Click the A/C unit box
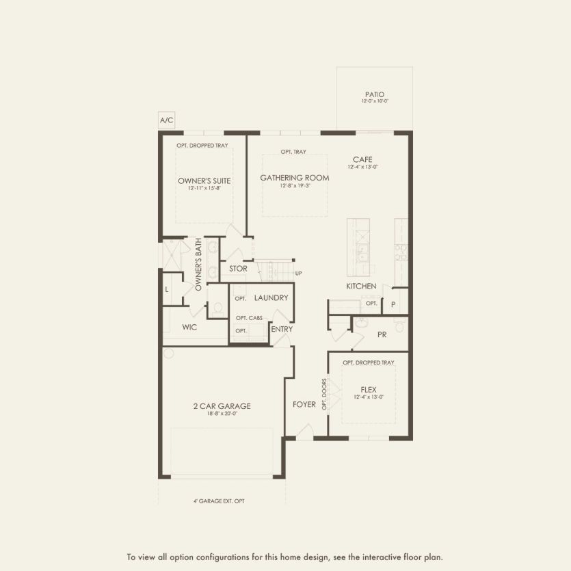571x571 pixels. click(167, 120)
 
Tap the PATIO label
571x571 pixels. click(375, 94)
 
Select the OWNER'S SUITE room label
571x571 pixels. click(204, 181)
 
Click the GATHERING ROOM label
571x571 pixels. click(294, 178)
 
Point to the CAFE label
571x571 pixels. click(362, 159)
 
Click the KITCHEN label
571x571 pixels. click(361, 286)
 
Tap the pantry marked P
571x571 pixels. click(393, 304)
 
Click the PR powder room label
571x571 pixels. click(382, 334)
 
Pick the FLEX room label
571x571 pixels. click(369, 389)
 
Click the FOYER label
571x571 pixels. click(304, 404)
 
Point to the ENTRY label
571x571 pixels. click(282, 329)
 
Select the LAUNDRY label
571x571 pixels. click(271, 298)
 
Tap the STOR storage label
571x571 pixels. click(238, 269)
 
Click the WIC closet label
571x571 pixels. click(189, 328)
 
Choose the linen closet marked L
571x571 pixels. click(166, 290)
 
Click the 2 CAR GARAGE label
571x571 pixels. click(222, 406)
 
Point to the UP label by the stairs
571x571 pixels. click(298, 274)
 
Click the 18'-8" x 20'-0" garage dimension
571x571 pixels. click(222, 413)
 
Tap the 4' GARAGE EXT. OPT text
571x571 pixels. click(219, 501)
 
